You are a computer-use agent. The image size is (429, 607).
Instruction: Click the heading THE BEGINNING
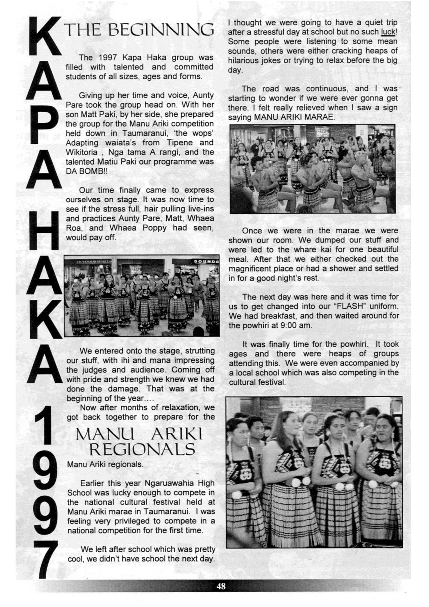point(139,30)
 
